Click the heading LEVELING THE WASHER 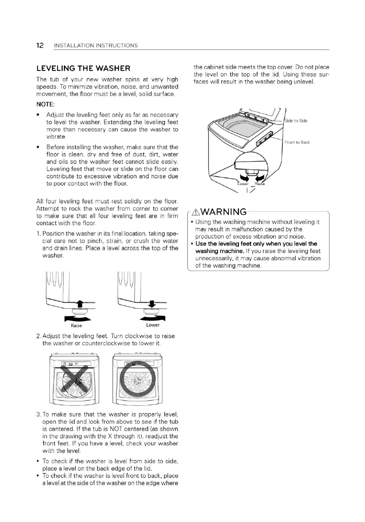(83, 68)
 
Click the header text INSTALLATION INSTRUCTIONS (96, 46)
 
